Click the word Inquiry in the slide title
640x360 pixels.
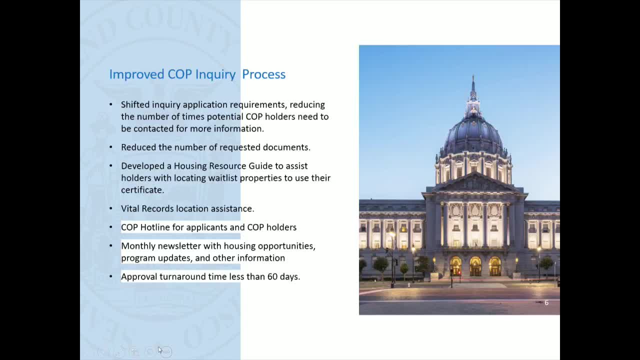tap(215, 74)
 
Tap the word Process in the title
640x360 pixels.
tap(263, 74)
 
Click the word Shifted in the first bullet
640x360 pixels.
tap(135, 104)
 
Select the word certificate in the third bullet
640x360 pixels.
tap(142, 190)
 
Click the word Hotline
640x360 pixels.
tap(155, 227)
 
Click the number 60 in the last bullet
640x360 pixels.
tap(272, 276)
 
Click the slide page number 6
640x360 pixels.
tap(546, 302)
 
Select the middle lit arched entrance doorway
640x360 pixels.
tap(475, 266)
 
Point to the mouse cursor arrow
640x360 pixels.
tap(160, 350)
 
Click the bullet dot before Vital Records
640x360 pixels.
tap(111, 208)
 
